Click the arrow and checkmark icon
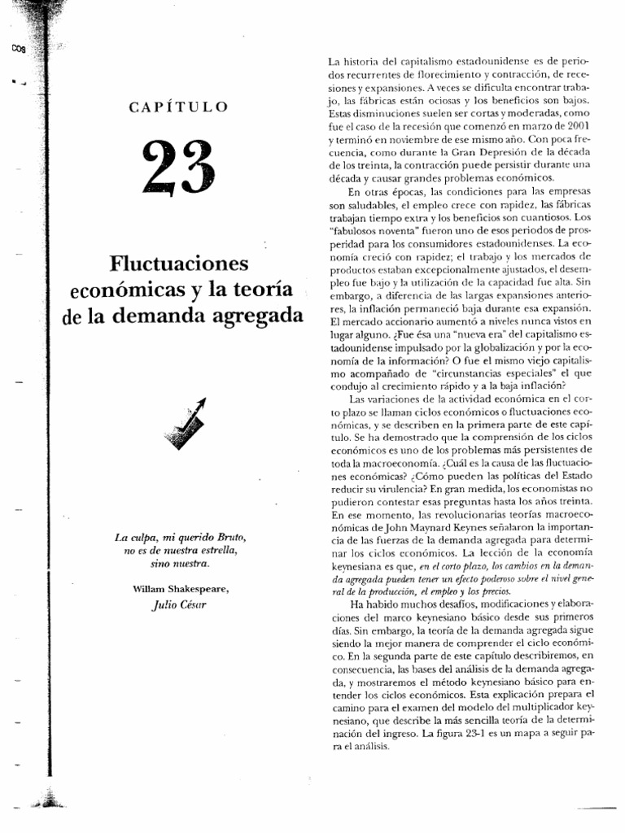pos(185,424)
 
